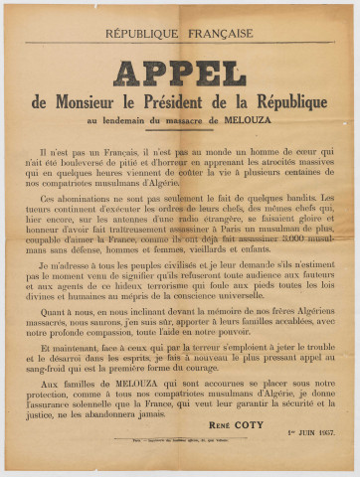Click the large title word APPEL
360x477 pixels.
[x=179, y=73]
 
